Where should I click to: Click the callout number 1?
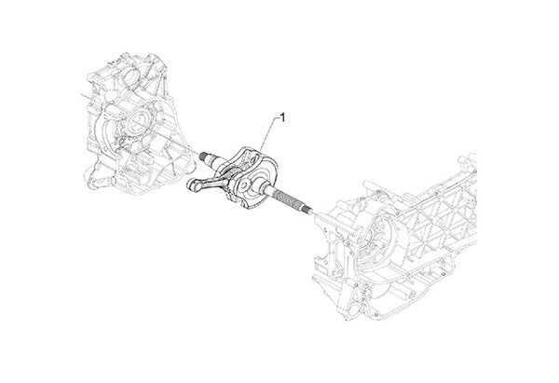(282, 117)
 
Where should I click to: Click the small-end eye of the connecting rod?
(193, 185)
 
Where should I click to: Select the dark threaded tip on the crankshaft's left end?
(203, 156)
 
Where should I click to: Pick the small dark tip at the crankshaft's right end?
(307, 208)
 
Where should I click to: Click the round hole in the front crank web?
(244, 185)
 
